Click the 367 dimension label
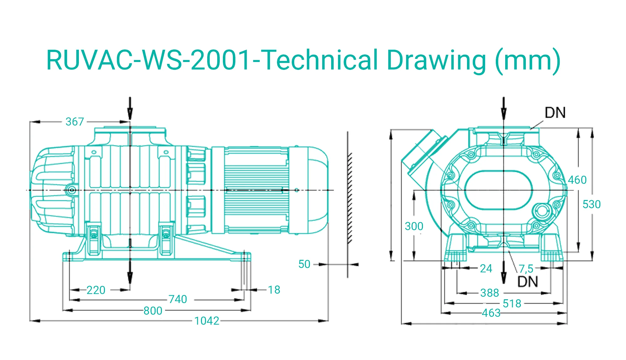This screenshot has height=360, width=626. [x=74, y=121]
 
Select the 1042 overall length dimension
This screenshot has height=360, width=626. [x=207, y=321]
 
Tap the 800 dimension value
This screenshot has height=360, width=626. [x=153, y=311]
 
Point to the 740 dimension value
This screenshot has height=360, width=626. [x=177, y=299]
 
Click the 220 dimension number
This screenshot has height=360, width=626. [x=96, y=290]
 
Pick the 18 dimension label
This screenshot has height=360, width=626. [x=274, y=290]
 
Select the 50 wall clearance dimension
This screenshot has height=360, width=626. [x=304, y=264]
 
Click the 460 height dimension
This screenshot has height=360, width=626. [x=577, y=180]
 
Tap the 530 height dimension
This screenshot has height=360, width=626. [x=591, y=204]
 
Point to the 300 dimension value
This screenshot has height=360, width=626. [x=414, y=226]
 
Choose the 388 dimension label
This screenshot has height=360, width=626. [x=490, y=293]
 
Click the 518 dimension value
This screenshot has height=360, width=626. [x=512, y=303]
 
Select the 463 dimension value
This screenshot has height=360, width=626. [x=491, y=313]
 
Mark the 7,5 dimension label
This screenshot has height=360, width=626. [x=526, y=269]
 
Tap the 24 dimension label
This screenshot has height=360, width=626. [x=486, y=269]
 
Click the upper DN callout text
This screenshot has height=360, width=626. [x=555, y=113]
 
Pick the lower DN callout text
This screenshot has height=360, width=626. [x=528, y=282]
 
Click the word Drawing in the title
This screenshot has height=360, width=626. [x=436, y=60]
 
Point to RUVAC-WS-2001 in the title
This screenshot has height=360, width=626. [x=149, y=60]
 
